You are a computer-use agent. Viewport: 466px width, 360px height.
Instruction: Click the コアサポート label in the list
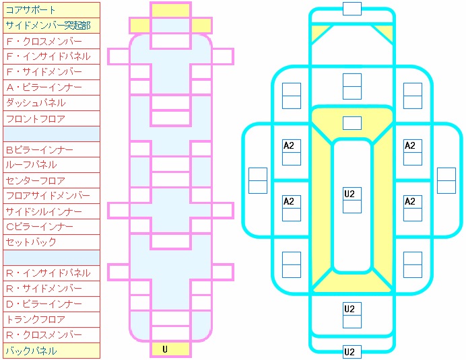(x=51, y=10)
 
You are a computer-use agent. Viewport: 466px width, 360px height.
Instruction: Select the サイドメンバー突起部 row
(x=51, y=26)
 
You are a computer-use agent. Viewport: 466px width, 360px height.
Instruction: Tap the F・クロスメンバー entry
(x=51, y=41)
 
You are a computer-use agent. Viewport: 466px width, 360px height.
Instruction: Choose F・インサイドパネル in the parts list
(x=51, y=57)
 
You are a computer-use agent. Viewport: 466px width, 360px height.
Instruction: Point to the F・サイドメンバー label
(x=51, y=72)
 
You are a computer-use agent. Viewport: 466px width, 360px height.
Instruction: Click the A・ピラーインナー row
(x=51, y=87)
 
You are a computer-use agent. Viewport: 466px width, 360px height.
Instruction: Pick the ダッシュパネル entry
(x=51, y=103)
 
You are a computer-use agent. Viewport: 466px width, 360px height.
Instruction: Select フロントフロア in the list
(x=51, y=118)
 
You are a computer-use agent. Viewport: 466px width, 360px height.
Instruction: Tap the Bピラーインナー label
(x=51, y=149)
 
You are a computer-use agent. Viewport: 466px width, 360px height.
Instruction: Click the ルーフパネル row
(x=51, y=165)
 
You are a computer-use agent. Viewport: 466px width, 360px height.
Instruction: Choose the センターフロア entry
(x=51, y=180)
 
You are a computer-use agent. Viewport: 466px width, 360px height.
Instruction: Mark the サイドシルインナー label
(x=51, y=211)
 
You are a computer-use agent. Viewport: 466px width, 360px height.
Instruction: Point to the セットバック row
(x=51, y=242)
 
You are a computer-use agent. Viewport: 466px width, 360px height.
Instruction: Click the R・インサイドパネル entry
(x=51, y=273)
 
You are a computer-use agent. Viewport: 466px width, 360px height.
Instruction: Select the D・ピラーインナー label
(x=51, y=304)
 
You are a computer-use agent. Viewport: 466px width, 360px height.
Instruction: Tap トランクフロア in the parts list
(x=51, y=320)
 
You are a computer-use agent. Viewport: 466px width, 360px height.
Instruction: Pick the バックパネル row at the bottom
(x=51, y=351)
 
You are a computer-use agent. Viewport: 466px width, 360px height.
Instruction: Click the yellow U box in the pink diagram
(x=165, y=349)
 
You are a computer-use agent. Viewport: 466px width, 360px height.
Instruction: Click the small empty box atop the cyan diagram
(x=352, y=8)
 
